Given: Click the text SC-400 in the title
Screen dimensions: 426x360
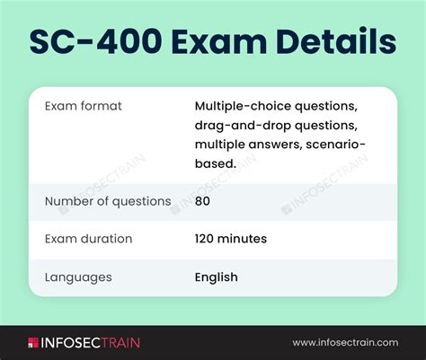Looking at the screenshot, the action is click(96, 41).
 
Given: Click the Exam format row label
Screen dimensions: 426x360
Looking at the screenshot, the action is click(84, 106).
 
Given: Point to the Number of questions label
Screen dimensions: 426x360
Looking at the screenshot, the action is click(108, 201).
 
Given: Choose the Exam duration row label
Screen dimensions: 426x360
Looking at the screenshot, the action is click(88, 239).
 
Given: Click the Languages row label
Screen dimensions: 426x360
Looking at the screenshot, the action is click(78, 277).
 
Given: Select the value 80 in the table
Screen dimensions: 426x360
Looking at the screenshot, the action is click(202, 201).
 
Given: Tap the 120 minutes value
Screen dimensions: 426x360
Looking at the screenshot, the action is click(231, 239).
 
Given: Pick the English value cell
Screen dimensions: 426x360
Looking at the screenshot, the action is click(217, 277).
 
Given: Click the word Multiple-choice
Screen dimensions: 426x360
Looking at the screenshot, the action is click(243, 106).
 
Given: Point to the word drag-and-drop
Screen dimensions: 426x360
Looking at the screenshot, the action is click(243, 126).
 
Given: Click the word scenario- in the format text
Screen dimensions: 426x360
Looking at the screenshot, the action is click(335, 145).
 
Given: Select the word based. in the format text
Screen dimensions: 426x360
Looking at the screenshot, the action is click(216, 163).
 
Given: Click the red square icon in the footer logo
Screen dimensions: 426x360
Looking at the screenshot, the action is click(33, 343).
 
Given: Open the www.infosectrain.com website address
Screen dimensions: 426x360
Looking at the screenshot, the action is click(345, 343).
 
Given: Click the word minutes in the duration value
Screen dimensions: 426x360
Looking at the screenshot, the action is click(242, 239).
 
